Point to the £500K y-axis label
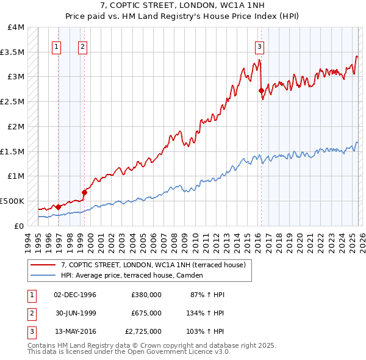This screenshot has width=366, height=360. (x=12, y=200)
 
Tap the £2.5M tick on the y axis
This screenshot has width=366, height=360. (x=12, y=101)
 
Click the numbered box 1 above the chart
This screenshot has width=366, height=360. (x=56, y=46)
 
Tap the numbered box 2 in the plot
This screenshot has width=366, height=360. (x=82, y=46)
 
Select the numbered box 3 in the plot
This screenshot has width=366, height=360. (x=259, y=46)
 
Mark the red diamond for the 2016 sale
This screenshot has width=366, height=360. (x=262, y=91)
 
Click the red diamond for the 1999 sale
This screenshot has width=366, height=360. (x=85, y=192)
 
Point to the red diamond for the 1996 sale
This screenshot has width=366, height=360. (x=59, y=207)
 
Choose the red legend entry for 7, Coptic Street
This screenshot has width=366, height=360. (x=153, y=265)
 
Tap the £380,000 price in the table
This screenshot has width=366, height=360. (x=146, y=295)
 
